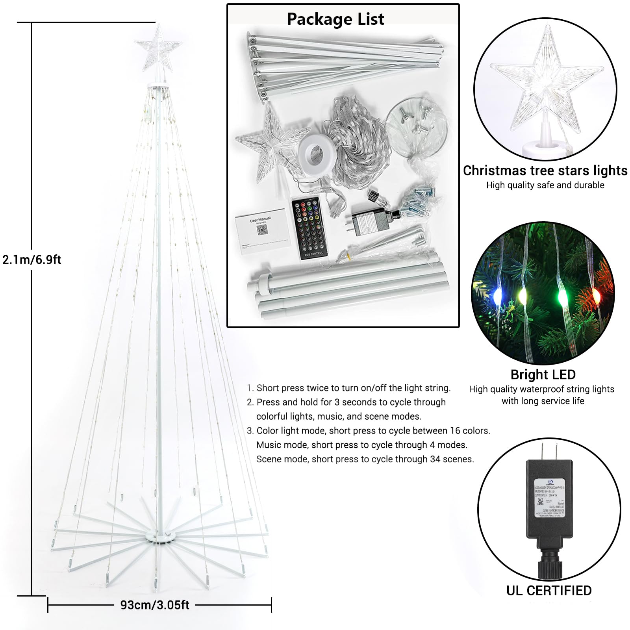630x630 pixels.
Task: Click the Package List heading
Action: (x=335, y=19)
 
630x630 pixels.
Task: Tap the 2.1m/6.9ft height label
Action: (x=32, y=260)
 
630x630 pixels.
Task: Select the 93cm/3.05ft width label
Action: (x=155, y=605)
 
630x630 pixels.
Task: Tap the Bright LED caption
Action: (x=543, y=374)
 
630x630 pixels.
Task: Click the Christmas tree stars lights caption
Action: (x=545, y=170)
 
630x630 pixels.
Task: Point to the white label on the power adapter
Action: (x=549, y=498)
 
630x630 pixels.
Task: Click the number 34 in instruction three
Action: (x=435, y=459)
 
